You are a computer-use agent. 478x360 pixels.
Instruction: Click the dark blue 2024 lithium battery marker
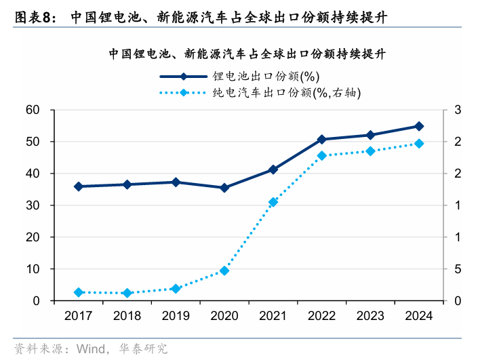click(x=419, y=126)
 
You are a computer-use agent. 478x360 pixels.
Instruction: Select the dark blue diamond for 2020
click(x=224, y=188)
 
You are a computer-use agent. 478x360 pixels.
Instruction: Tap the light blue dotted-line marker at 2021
click(x=273, y=202)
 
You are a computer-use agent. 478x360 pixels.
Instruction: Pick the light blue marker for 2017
click(x=79, y=292)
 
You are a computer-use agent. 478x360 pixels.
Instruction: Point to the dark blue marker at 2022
click(x=321, y=139)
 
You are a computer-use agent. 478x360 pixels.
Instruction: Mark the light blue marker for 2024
click(x=419, y=144)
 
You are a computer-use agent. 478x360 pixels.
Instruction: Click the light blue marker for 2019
click(x=176, y=289)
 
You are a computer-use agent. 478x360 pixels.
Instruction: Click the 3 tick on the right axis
click(x=458, y=110)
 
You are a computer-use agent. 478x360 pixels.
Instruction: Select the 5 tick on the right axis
click(x=458, y=269)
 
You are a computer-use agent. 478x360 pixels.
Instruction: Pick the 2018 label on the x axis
click(x=127, y=316)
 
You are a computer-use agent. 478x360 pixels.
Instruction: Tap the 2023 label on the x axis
click(x=370, y=316)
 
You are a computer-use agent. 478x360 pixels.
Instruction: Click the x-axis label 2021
click(x=273, y=316)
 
